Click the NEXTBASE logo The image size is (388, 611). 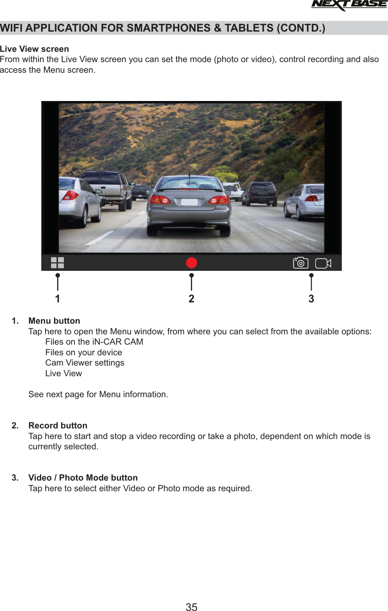tap(349, 5)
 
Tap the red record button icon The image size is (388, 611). tap(192, 263)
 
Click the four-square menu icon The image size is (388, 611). tap(57, 263)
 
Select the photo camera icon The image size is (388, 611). tap(301, 263)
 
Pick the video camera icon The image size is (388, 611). tap(323, 263)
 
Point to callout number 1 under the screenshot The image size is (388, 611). tap(58, 299)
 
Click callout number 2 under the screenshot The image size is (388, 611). tap(191, 299)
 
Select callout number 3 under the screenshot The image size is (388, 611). tap(311, 299)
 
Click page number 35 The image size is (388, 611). tap(191, 607)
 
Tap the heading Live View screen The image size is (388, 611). tap(35, 49)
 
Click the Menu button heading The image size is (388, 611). tap(54, 321)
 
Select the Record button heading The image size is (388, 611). tap(58, 425)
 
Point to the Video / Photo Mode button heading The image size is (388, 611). tap(83, 478)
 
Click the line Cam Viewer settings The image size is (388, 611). tap(85, 363)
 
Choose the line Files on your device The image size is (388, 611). tap(84, 352)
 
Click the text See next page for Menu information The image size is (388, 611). tap(98, 394)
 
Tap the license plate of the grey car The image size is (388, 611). tap(189, 202)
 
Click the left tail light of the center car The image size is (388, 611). tap(160, 200)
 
